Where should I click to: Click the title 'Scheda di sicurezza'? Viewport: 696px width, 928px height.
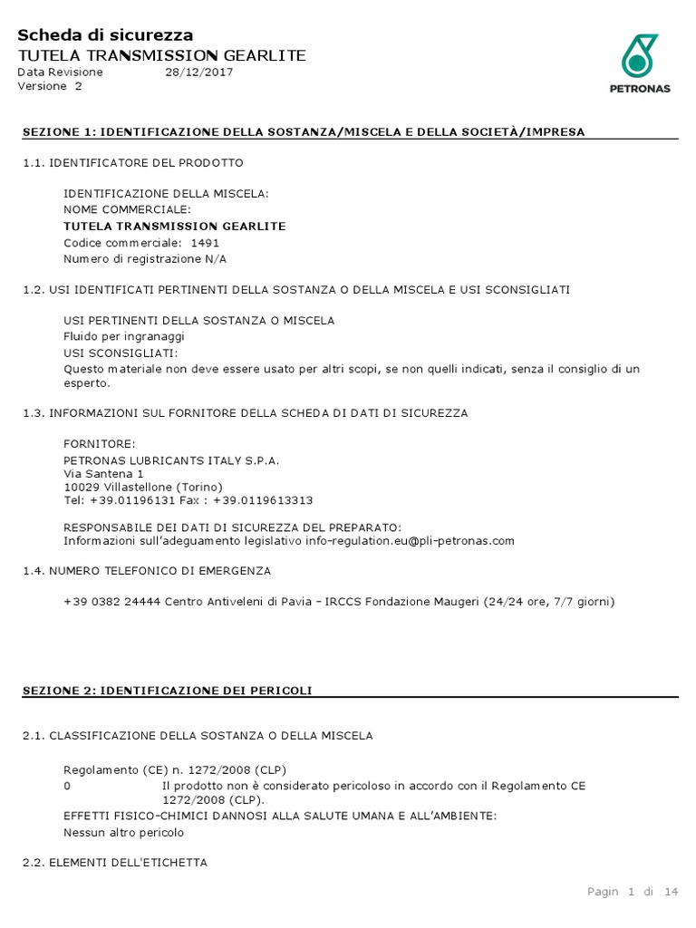click(x=105, y=35)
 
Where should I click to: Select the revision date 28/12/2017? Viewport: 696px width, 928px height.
click(x=198, y=72)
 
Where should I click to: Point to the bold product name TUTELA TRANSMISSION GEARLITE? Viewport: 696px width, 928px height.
click(x=175, y=226)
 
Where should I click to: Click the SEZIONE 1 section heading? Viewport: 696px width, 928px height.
click(x=304, y=132)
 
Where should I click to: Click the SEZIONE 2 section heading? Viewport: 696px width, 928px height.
click(x=167, y=691)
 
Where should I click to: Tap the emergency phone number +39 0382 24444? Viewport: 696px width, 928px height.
click(x=111, y=601)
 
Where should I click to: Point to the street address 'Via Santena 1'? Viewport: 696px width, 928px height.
click(x=103, y=474)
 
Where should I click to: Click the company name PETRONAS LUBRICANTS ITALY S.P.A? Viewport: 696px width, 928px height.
click(x=171, y=460)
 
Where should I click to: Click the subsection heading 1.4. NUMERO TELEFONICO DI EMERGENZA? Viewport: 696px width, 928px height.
click(x=146, y=571)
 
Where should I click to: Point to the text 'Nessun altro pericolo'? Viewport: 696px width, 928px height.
click(x=124, y=832)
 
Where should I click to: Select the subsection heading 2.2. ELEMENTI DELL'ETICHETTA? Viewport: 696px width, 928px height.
click(x=114, y=863)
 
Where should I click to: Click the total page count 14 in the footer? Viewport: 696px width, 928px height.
click(x=671, y=892)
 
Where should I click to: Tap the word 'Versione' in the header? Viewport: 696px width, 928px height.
click(x=43, y=86)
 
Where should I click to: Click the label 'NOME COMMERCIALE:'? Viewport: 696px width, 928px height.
click(x=127, y=209)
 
